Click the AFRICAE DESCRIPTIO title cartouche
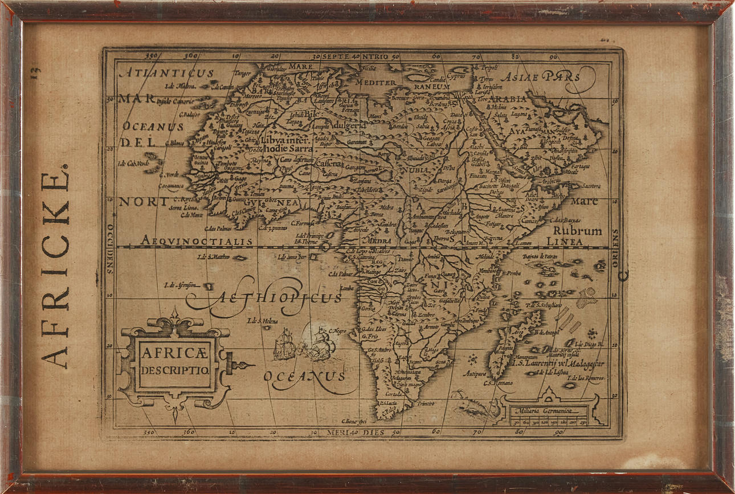pyautogui.click(x=175, y=362)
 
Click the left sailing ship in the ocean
pyautogui.click(x=284, y=345)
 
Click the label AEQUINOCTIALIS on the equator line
pyautogui.click(x=197, y=241)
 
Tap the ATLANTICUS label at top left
pyautogui.click(x=167, y=73)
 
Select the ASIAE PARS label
pyautogui.click(x=541, y=76)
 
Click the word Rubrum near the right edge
pyautogui.click(x=577, y=231)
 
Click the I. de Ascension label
pyautogui.click(x=181, y=285)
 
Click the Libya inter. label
pyautogui.click(x=285, y=140)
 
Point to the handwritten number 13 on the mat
pyautogui.click(x=36, y=72)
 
